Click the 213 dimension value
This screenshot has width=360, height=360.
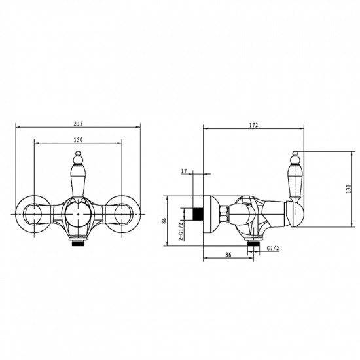pos(78,124)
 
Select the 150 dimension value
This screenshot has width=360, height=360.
pos(78,140)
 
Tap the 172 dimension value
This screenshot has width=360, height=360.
pos(253,126)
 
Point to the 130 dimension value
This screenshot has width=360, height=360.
pos(348,189)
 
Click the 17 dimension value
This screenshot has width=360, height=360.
pos(184,171)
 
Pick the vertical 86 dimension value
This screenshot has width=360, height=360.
pos(164,221)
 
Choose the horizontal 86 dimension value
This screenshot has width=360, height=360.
pos(228,255)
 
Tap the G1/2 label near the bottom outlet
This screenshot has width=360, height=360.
pos(273,248)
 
